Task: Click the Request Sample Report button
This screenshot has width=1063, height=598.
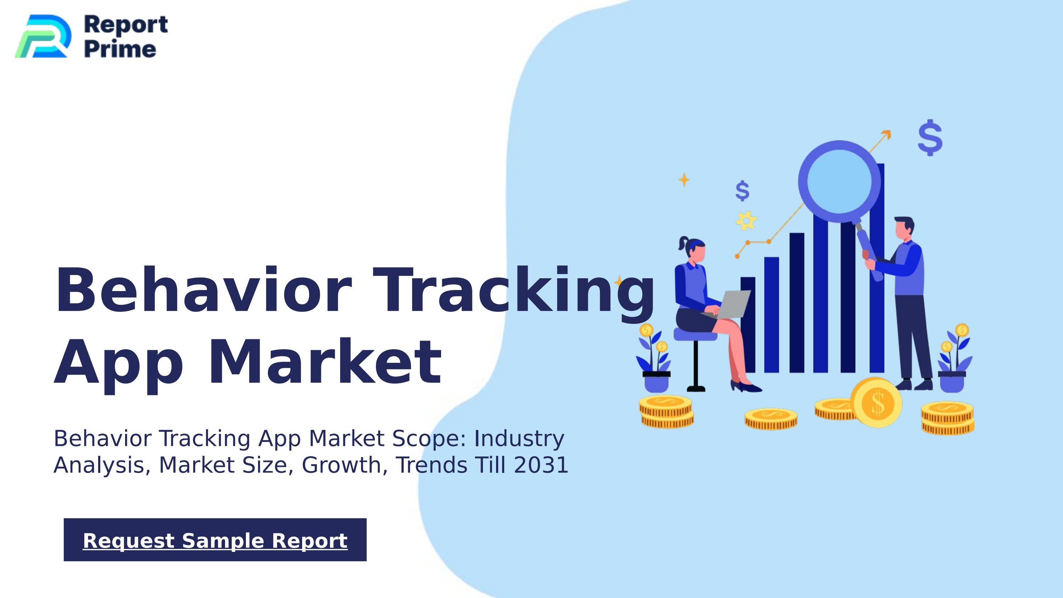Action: coord(215,540)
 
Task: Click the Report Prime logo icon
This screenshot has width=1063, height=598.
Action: coord(43,36)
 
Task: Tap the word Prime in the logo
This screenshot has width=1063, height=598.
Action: coord(120,50)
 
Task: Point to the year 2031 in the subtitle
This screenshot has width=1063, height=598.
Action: coord(541,465)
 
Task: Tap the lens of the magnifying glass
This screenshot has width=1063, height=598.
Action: coord(839,181)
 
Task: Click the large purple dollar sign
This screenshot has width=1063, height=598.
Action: coord(930,138)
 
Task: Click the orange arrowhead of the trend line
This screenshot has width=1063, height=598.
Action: coord(887,135)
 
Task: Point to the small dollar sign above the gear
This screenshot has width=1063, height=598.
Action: coord(742,191)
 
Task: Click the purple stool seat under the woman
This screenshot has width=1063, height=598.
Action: coord(695,335)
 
